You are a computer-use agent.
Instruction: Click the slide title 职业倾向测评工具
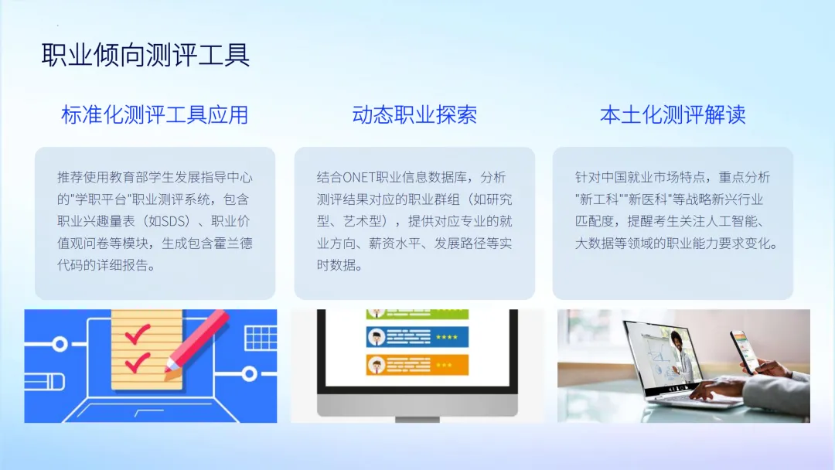coord(145,55)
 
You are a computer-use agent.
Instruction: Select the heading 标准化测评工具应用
coord(155,115)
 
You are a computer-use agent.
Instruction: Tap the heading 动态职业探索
coord(414,115)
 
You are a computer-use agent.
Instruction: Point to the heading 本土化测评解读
coord(673,115)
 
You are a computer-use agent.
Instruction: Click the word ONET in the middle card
coord(359,177)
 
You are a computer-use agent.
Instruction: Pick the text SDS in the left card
coord(172,221)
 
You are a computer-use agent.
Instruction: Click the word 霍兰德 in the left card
coord(233,244)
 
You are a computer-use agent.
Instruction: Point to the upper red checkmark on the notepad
coord(138,334)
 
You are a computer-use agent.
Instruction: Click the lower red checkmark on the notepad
coord(138,363)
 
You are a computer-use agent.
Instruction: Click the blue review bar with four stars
coord(417,337)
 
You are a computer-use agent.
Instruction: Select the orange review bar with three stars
coord(417,365)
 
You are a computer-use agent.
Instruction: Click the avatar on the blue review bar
coord(377,337)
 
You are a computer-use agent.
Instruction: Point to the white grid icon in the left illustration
coord(261,338)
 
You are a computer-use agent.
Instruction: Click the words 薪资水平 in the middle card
coord(394,244)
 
